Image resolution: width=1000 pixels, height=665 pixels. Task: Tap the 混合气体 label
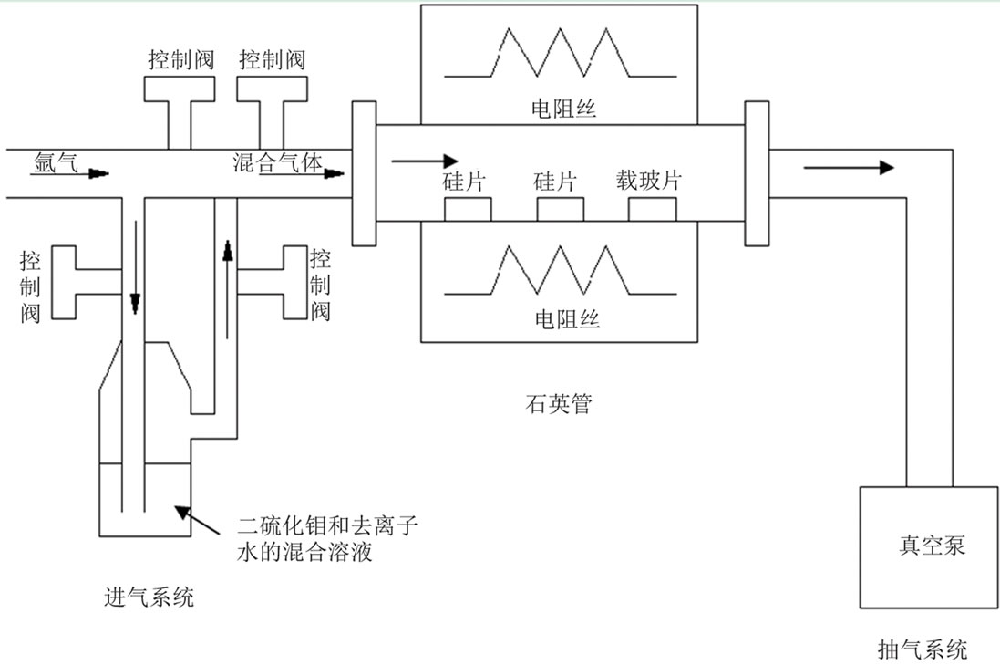pyautogui.click(x=277, y=162)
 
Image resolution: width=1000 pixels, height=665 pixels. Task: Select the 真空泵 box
pyautogui.click(x=927, y=546)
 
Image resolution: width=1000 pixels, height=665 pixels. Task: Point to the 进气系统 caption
pyautogui.click(x=149, y=598)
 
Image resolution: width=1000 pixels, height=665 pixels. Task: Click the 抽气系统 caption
pyautogui.click(x=922, y=649)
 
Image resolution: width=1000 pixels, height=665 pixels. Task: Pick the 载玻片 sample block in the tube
pyautogui.click(x=653, y=209)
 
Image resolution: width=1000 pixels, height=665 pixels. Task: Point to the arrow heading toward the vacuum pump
pyautogui.click(x=849, y=167)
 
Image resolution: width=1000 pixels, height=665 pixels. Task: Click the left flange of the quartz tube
pyautogui.click(x=363, y=173)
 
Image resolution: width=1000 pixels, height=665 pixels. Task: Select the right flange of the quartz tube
pyautogui.click(x=758, y=173)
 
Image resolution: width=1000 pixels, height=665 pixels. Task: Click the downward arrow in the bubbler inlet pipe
pyautogui.click(x=134, y=265)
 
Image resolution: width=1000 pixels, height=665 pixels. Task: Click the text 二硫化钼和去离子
pyautogui.click(x=327, y=526)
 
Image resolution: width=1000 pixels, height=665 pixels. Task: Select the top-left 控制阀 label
pyautogui.click(x=180, y=59)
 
